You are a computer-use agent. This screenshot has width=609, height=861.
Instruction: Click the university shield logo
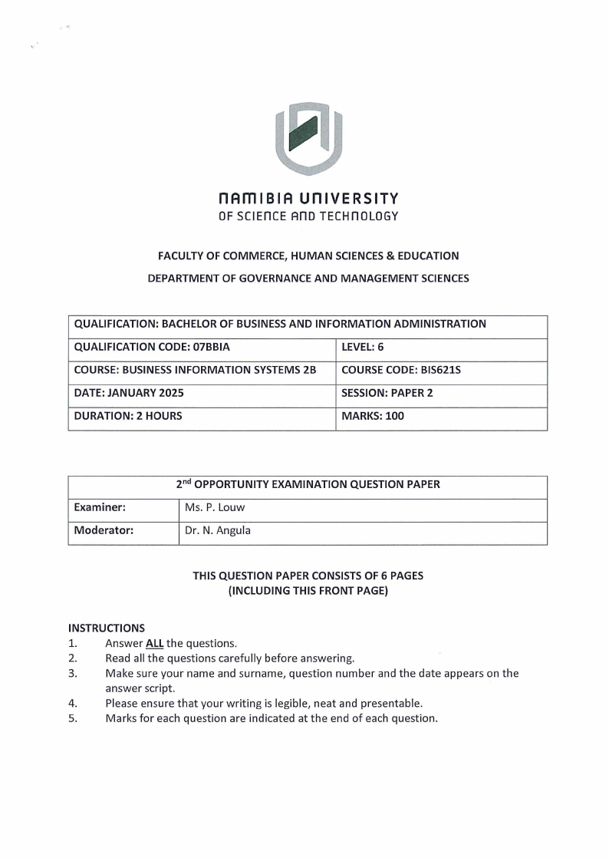[x=308, y=139]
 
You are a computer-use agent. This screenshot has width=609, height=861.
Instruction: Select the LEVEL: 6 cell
[x=362, y=347]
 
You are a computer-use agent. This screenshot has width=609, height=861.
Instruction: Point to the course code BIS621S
[x=440, y=370]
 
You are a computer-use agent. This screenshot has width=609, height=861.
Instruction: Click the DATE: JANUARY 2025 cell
[x=129, y=393]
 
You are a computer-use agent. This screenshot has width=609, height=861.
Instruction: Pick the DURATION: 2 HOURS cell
[x=128, y=416]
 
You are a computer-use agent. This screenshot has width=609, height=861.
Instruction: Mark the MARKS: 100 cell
[x=373, y=416]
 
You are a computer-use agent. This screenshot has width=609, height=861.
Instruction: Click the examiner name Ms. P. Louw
[x=215, y=507]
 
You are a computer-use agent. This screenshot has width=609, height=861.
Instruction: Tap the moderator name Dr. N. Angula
[x=218, y=530]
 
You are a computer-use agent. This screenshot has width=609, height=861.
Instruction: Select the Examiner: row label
[x=100, y=507]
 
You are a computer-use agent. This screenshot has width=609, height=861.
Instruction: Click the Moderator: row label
[x=104, y=530]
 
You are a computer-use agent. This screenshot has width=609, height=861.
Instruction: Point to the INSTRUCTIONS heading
[x=106, y=628]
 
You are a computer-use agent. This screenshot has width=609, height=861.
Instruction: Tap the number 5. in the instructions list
[x=73, y=718]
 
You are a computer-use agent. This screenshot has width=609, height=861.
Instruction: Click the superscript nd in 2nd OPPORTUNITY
[x=186, y=482]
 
